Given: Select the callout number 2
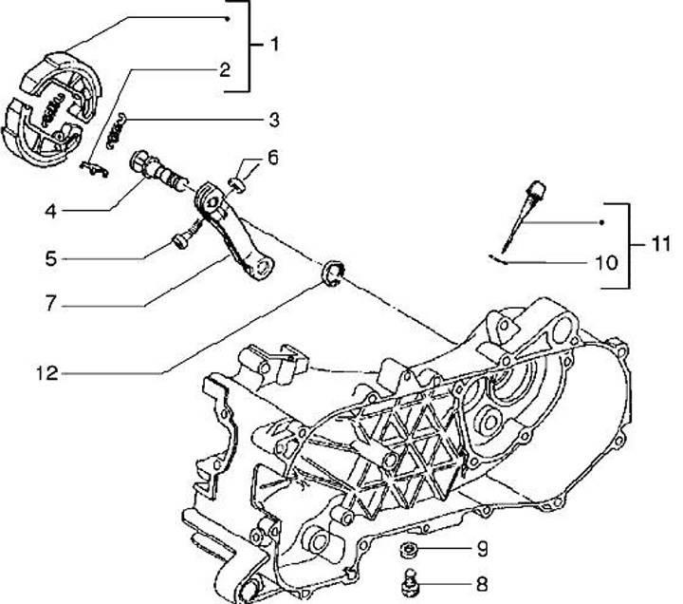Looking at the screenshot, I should coord(224,69).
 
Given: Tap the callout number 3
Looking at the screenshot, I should coord(273,120).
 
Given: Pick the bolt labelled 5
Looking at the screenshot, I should coord(180,238).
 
